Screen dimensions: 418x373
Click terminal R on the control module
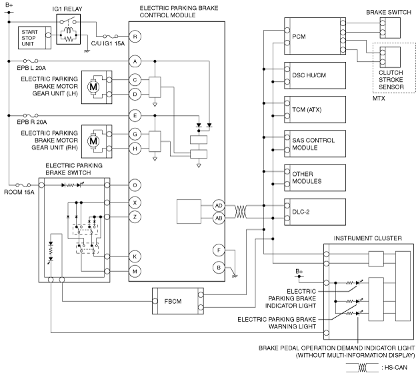(x=135, y=37)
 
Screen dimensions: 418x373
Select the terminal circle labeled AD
(x=219, y=206)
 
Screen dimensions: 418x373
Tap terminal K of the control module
(x=135, y=256)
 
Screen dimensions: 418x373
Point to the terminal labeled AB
(x=219, y=218)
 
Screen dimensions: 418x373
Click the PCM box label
(x=299, y=37)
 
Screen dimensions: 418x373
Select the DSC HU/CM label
(x=309, y=75)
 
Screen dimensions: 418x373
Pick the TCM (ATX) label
(x=307, y=110)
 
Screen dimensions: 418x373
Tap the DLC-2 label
(x=301, y=212)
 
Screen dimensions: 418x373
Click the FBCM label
(x=173, y=301)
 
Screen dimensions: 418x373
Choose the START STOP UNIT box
(x=35, y=37)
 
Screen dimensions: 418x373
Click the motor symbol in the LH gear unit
(x=93, y=87)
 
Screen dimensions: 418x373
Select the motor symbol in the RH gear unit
(x=93, y=141)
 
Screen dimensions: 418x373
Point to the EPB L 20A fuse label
(x=31, y=68)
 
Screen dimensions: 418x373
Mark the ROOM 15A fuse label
(x=19, y=192)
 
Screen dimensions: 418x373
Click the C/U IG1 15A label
(x=108, y=44)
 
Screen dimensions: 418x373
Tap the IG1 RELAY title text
(x=67, y=9)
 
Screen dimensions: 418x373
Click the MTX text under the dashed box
(x=379, y=99)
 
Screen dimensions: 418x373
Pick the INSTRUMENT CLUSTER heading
(x=367, y=238)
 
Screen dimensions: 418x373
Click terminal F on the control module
(x=219, y=250)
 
